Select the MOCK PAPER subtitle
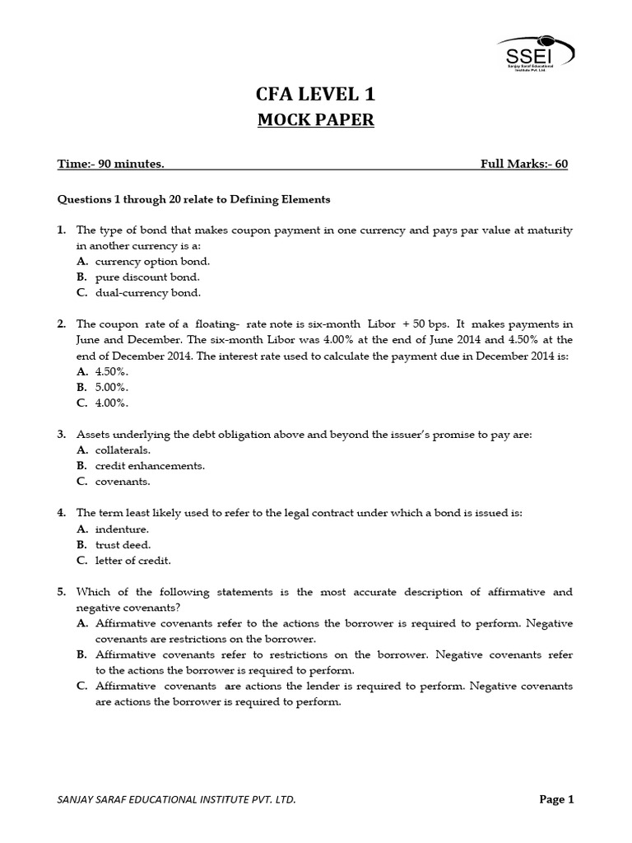coord(315,120)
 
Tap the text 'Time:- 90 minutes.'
coord(110,164)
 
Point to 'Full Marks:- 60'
coord(523,164)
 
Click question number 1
coord(61,230)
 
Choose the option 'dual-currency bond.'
coord(147,292)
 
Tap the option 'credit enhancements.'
coord(150,465)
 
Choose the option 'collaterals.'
coord(123,449)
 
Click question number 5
coord(61,592)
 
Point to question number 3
coord(61,434)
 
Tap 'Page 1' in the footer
coord(556,799)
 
